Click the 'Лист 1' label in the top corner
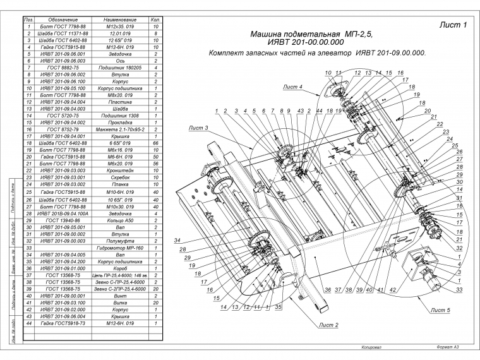pos(452,25)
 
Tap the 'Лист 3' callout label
pos(198,128)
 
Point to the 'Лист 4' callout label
pos(292,86)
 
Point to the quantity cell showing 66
pos(155,143)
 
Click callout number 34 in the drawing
pos(177,241)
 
